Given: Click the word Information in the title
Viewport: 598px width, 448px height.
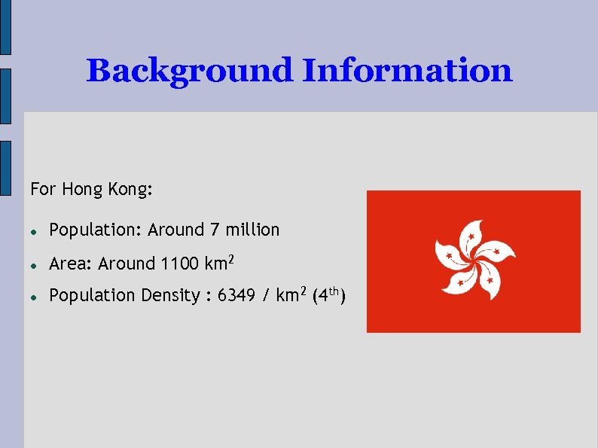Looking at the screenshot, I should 407,71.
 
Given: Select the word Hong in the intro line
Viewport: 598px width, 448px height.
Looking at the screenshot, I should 81,189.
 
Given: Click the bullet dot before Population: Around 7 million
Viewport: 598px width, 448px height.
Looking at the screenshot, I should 35,230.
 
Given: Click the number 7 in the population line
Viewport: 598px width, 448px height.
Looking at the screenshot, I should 215,230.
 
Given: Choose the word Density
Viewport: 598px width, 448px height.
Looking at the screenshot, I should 169,296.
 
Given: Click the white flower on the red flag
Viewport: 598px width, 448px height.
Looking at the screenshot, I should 474,261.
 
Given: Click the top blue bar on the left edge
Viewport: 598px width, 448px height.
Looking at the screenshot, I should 5,27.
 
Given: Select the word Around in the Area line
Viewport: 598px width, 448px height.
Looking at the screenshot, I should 127,264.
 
